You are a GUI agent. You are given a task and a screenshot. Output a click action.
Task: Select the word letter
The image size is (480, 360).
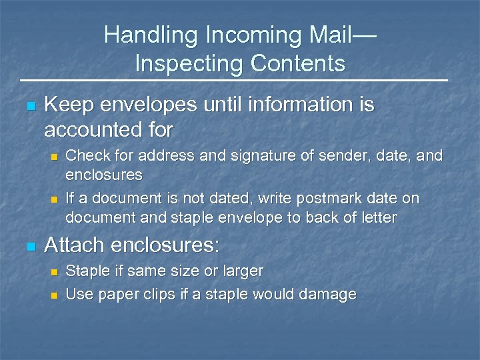[379, 217]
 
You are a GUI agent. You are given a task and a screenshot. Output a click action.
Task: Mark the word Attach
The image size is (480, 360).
[74, 245]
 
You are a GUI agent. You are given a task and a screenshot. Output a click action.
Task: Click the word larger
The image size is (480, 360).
[241, 271]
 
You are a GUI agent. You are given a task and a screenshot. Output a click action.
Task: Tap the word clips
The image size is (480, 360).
[169, 294]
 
